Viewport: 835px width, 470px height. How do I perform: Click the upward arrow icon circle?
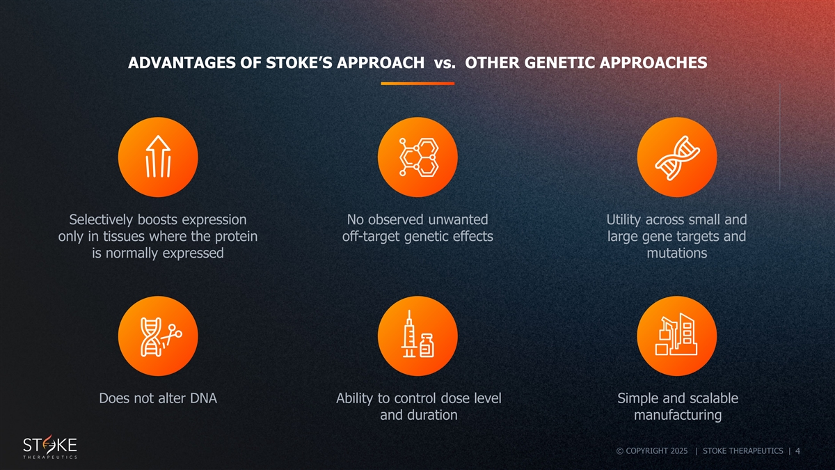[158, 157]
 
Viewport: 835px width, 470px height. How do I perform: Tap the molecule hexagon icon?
[417, 157]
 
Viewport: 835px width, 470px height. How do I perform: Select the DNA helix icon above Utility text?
[677, 157]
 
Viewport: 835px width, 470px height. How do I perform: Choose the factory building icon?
[677, 336]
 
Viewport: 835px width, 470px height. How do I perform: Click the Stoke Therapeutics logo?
[50, 446]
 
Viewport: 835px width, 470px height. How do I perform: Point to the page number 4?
[797, 451]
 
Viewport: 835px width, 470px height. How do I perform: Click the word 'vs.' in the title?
[445, 63]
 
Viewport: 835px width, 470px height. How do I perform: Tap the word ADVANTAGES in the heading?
[182, 63]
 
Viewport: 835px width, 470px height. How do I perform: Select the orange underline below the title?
[417, 84]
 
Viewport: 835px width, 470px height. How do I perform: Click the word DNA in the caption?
[203, 398]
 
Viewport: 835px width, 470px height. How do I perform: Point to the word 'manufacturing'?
[678, 415]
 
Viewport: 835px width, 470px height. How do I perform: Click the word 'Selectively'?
[101, 220]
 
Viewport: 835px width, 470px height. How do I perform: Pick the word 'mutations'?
[677, 253]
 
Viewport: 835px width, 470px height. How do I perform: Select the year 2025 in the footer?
[679, 451]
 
